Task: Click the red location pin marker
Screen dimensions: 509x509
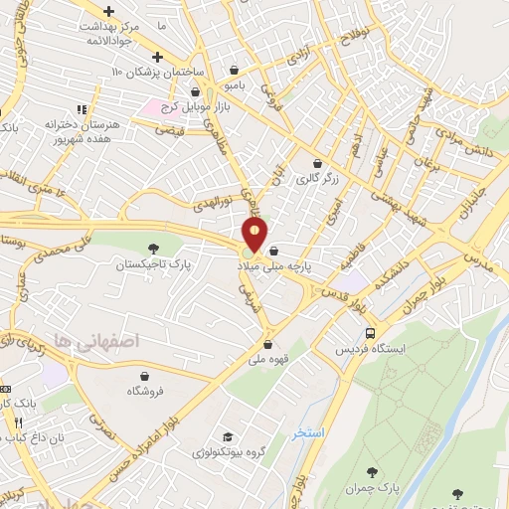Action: point(255,236)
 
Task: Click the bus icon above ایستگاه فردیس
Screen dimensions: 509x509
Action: point(370,334)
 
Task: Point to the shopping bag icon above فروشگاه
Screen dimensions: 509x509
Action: point(146,375)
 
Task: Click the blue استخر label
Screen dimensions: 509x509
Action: point(308,434)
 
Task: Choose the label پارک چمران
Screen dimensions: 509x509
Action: point(374,487)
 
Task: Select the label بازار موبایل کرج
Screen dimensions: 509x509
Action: point(185,105)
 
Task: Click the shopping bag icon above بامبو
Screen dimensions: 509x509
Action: point(233,70)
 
